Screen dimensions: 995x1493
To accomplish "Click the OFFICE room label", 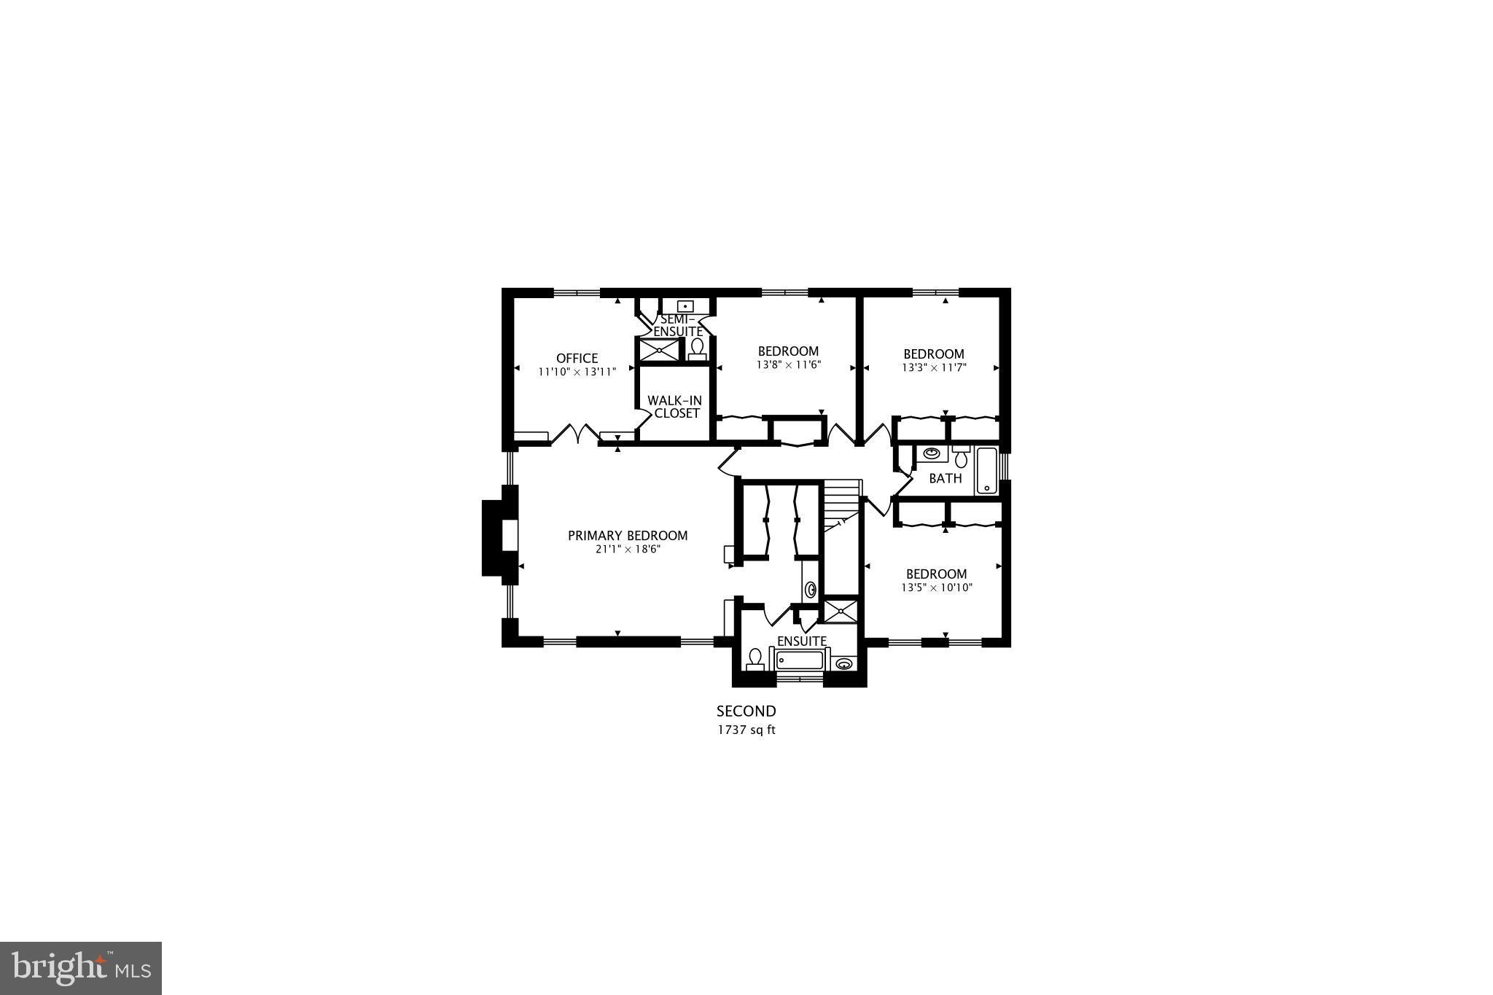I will (x=577, y=358).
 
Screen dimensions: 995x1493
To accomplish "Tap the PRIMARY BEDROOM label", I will (x=628, y=536).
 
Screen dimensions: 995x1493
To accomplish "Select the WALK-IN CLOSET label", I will (x=674, y=407).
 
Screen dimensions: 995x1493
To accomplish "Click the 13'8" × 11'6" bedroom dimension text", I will (x=788, y=365).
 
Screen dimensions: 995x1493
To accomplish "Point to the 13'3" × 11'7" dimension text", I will (x=934, y=368).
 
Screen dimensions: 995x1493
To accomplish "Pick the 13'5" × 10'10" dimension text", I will (x=937, y=588).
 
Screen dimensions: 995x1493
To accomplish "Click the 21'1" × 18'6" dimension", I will (x=628, y=550).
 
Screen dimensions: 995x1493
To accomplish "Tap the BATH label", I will (x=945, y=479).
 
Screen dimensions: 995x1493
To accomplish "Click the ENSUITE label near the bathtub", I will (x=802, y=641).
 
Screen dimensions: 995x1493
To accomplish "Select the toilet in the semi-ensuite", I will (x=698, y=348).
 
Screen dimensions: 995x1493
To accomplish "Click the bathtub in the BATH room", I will (x=986, y=471).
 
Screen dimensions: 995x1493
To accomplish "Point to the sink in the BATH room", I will (x=931, y=453).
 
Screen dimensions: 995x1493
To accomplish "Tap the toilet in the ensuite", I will (x=755, y=659).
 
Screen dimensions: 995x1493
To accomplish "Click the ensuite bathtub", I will (x=799, y=660).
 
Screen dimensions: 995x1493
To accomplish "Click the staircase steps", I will (x=842, y=503).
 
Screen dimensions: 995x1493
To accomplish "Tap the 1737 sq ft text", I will (x=746, y=730).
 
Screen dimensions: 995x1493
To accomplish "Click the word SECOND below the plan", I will (x=746, y=711).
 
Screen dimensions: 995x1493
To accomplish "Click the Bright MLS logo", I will (x=81, y=968).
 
